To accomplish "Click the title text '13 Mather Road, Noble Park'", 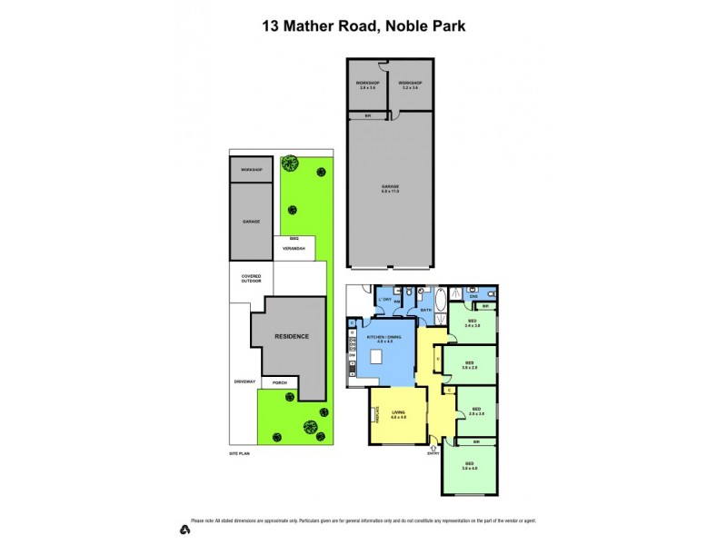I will (x=363, y=26).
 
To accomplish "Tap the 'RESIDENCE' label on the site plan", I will (x=293, y=336).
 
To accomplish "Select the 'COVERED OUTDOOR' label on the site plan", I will (x=250, y=279).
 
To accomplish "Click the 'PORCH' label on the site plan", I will (x=279, y=382).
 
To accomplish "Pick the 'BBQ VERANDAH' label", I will (x=294, y=244).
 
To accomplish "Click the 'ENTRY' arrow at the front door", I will (x=433, y=448).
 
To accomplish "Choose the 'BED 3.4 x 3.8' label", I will (x=473, y=322).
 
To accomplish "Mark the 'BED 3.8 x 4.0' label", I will (x=469, y=466).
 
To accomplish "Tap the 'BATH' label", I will (x=425, y=311).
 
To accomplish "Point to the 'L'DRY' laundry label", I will (x=383, y=300).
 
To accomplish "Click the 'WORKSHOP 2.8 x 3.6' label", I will (x=367, y=85).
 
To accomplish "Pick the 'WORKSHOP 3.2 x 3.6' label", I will (x=411, y=85).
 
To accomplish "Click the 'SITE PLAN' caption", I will (x=239, y=451).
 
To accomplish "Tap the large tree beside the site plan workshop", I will (x=290, y=164).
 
